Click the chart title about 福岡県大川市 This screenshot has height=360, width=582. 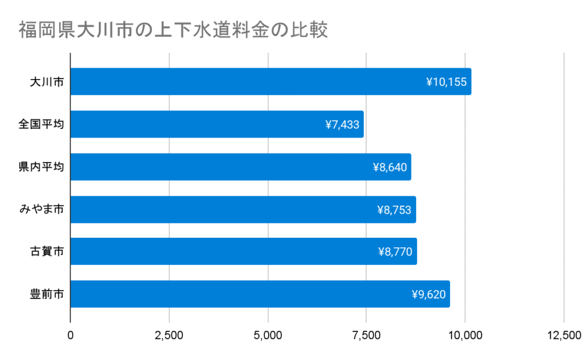(173, 30)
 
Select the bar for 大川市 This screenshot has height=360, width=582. (271, 82)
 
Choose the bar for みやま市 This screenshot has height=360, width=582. (243, 209)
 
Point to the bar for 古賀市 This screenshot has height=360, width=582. (243, 251)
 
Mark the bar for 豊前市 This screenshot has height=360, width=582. (260, 294)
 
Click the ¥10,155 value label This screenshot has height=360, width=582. (446, 82)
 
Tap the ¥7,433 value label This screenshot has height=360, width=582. (342, 125)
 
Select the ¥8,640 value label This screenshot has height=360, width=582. (389, 167)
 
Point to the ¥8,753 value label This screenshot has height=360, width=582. (394, 210)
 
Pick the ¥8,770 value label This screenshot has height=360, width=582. (395, 252)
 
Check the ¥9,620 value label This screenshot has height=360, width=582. (428, 295)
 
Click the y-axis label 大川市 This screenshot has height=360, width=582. (47, 82)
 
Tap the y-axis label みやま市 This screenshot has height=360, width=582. (41, 210)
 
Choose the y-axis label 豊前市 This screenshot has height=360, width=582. (47, 295)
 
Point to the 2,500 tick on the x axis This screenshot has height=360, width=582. (169, 336)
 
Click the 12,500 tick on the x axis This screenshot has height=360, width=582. (563, 336)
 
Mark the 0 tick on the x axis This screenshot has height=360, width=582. (70, 336)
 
